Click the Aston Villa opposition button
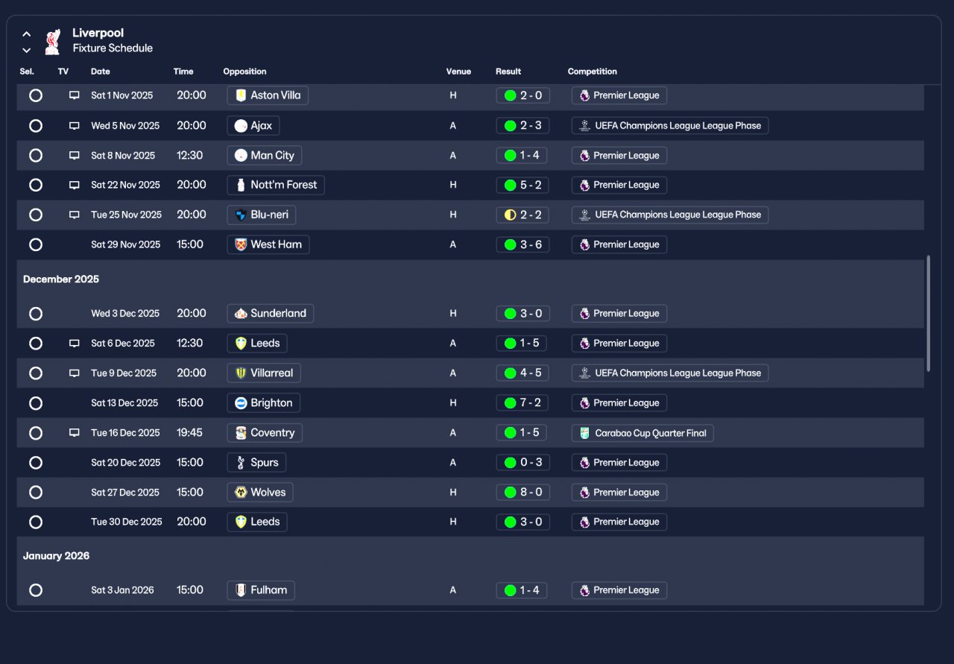[268, 95]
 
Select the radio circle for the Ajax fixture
[36, 126]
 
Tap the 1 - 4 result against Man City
[522, 156]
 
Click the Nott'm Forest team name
[283, 185]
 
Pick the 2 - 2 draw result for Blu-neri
[522, 215]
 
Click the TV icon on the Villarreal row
[74, 373]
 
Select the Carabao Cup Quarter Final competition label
[642, 433]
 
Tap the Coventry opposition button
[265, 433]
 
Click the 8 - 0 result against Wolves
[522, 493]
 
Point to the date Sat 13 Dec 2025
[124, 403]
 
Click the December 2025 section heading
[61, 279]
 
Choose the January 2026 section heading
[56, 556]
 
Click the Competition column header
[593, 72]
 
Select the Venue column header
[458, 72]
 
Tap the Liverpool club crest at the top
[52, 42]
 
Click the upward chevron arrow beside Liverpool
[27, 34]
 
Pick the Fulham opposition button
[261, 590]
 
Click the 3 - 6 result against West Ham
[522, 244]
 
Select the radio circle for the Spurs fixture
[36, 463]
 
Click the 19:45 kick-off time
[190, 433]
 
